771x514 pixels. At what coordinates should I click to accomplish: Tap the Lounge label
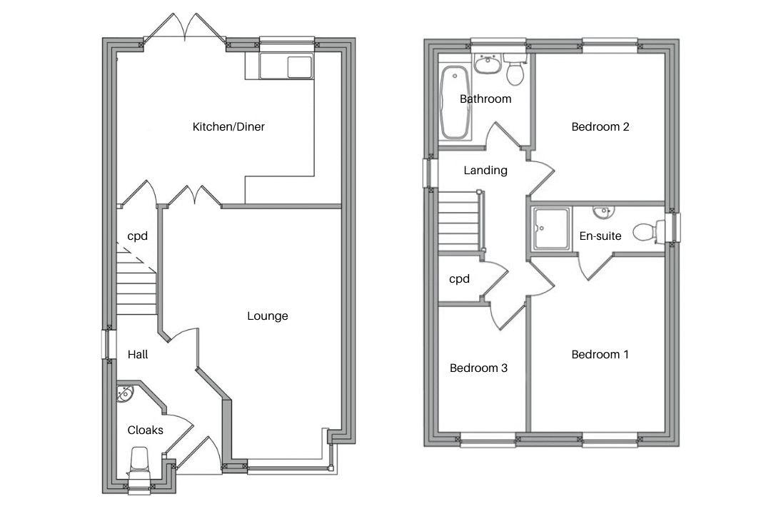(x=268, y=316)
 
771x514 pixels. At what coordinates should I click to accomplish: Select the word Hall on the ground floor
(x=138, y=354)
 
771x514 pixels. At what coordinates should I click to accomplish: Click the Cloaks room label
(x=145, y=430)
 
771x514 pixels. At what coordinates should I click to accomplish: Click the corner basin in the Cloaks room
(x=125, y=393)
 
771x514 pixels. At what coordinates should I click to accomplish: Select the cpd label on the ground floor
(x=137, y=236)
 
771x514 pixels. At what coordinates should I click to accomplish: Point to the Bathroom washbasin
(x=488, y=64)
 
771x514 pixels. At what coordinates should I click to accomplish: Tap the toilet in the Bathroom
(x=515, y=70)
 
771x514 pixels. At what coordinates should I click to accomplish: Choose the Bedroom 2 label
(x=600, y=127)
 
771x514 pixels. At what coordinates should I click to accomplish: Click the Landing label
(x=485, y=171)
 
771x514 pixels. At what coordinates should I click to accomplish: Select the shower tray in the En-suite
(x=550, y=228)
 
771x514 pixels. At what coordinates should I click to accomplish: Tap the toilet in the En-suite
(x=647, y=231)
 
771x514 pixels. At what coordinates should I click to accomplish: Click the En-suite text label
(x=600, y=236)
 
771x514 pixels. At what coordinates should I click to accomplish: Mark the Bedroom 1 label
(x=600, y=355)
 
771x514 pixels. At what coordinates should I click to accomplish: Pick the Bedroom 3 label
(x=478, y=368)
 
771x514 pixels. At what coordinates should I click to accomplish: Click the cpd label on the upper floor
(x=459, y=279)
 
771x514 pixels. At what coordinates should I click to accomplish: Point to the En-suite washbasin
(x=604, y=211)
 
